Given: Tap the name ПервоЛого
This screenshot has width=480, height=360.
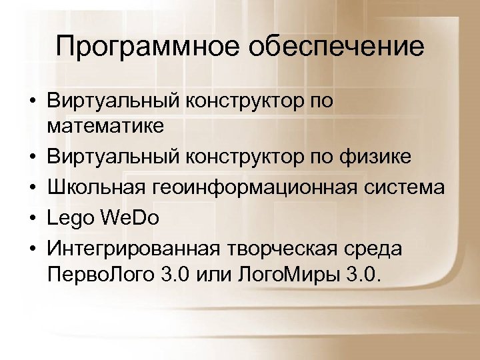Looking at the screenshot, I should tap(101, 275).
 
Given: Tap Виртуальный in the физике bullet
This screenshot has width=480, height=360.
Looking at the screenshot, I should tap(106, 157).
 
